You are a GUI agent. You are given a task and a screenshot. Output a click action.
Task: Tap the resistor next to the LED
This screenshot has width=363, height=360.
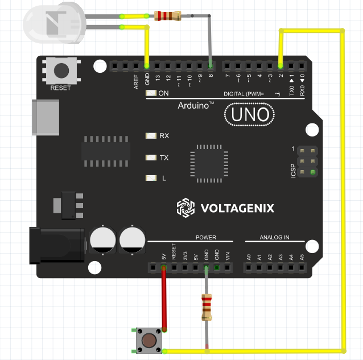168,16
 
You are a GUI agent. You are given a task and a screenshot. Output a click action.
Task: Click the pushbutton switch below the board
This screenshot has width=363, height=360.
148,340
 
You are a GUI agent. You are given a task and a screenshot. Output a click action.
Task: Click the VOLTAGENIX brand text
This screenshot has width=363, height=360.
237,208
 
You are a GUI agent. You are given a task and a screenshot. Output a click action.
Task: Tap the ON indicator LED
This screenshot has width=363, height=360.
151,93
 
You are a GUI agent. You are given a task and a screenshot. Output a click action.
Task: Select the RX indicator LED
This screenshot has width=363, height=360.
151,136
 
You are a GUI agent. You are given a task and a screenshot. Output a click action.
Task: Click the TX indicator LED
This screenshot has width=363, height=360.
151,157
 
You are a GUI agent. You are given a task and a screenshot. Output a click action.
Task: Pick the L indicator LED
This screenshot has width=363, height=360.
151,178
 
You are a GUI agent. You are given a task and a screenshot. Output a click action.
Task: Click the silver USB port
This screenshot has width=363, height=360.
46,118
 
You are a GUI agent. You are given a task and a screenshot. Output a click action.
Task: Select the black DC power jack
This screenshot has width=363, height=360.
56,245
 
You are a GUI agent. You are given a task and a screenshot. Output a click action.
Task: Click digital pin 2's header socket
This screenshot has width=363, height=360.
280,66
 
